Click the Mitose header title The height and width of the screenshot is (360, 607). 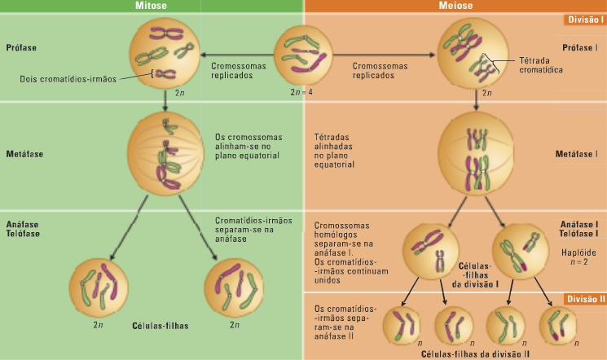point(152,6)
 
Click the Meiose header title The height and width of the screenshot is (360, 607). point(455,6)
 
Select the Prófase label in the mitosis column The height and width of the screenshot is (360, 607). point(21,47)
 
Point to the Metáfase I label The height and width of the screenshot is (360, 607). point(577,153)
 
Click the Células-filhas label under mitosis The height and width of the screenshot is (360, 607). point(160,325)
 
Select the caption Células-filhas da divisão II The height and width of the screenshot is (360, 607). point(476,354)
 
